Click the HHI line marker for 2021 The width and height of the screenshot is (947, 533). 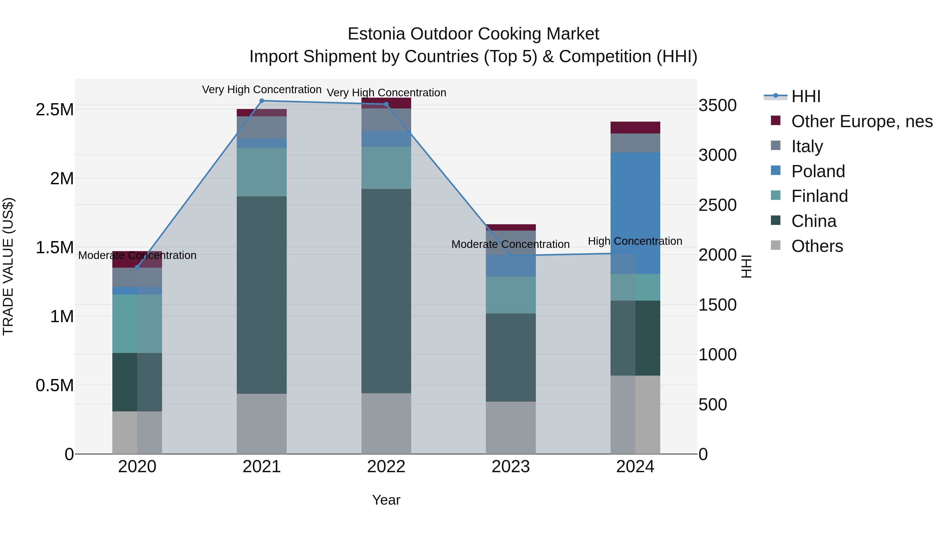[262, 101]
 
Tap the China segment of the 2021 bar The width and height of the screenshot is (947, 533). [262, 294]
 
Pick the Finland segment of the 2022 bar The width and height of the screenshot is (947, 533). [386, 168]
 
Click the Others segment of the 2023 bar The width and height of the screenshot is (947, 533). [511, 427]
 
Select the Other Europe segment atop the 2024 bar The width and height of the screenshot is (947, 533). [635, 127]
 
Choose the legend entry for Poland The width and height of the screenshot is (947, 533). [818, 171]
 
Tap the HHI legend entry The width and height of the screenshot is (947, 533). [805, 96]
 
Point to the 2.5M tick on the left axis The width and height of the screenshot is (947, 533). [54, 109]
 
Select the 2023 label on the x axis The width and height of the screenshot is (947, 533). [511, 467]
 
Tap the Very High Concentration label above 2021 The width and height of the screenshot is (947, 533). [262, 89]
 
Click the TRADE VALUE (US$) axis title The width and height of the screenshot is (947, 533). [8, 266]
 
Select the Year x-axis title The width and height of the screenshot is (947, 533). [386, 500]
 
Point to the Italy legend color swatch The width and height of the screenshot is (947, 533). [775, 146]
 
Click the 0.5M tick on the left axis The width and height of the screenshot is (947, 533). [54, 386]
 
